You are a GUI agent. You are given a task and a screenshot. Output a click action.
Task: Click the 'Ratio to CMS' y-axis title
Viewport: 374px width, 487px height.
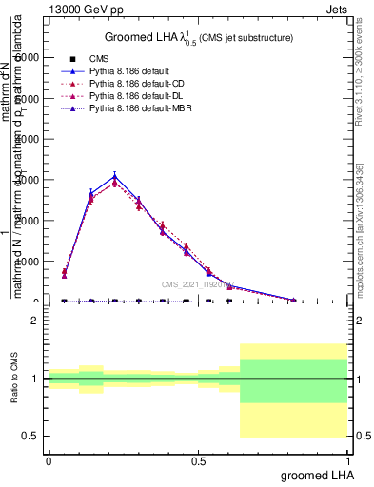tap(15, 380)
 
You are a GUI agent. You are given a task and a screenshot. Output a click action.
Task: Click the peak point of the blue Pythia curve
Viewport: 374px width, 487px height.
tap(115, 176)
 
